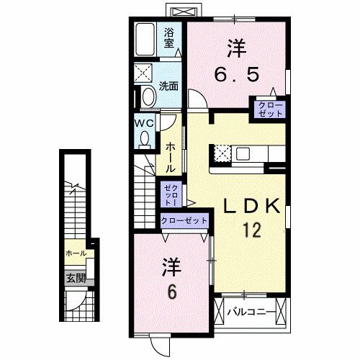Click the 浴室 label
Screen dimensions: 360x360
[169, 37]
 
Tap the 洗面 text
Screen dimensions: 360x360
[169, 85]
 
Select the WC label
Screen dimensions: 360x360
[144, 122]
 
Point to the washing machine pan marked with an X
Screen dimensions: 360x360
[143, 73]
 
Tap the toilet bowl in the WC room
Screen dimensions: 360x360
[146, 137]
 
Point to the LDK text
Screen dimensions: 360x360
[250, 207]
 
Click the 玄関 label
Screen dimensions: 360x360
[76, 277]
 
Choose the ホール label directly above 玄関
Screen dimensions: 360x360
[76, 253]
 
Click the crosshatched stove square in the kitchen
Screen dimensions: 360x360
[221, 153]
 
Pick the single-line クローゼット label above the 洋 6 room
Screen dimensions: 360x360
[184, 220]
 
